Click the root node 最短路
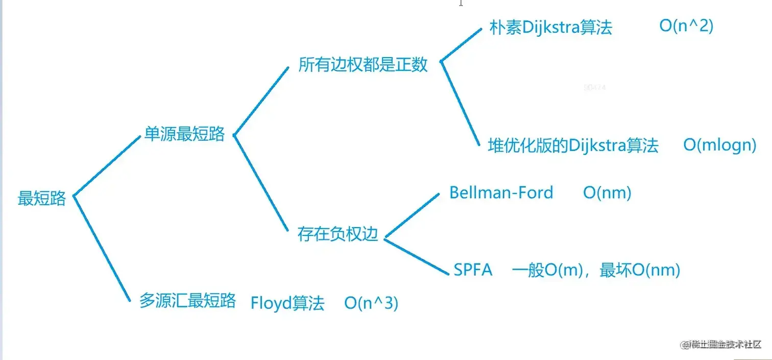click(42, 198)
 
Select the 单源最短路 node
click(184, 134)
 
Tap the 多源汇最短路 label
click(187, 300)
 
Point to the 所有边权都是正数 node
click(363, 65)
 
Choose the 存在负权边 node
click(337, 234)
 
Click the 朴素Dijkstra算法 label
click(550, 28)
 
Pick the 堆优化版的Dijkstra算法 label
click(573, 146)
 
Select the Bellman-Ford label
click(501, 193)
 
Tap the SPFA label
click(473, 270)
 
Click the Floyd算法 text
click(287, 303)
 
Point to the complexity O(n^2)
click(686, 26)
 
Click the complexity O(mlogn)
click(719, 145)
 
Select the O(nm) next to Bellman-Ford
click(607, 193)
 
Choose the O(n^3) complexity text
click(371, 303)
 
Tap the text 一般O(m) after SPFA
click(547, 270)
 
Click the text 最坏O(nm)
click(640, 270)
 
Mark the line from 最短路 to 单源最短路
click(107, 166)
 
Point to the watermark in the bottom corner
click(720, 344)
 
